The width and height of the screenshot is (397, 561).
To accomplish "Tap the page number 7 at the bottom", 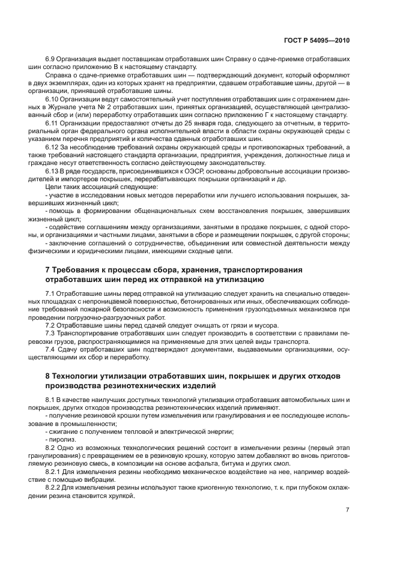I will pyautogui.click(x=347, y=510).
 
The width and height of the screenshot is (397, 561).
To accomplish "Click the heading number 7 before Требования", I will pyautogui.click(x=48, y=269).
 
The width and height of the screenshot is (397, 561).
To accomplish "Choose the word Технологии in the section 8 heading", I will pyautogui.click(x=80, y=376).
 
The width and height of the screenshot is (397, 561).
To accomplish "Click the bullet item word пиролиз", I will pyautogui.click(x=60, y=439).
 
